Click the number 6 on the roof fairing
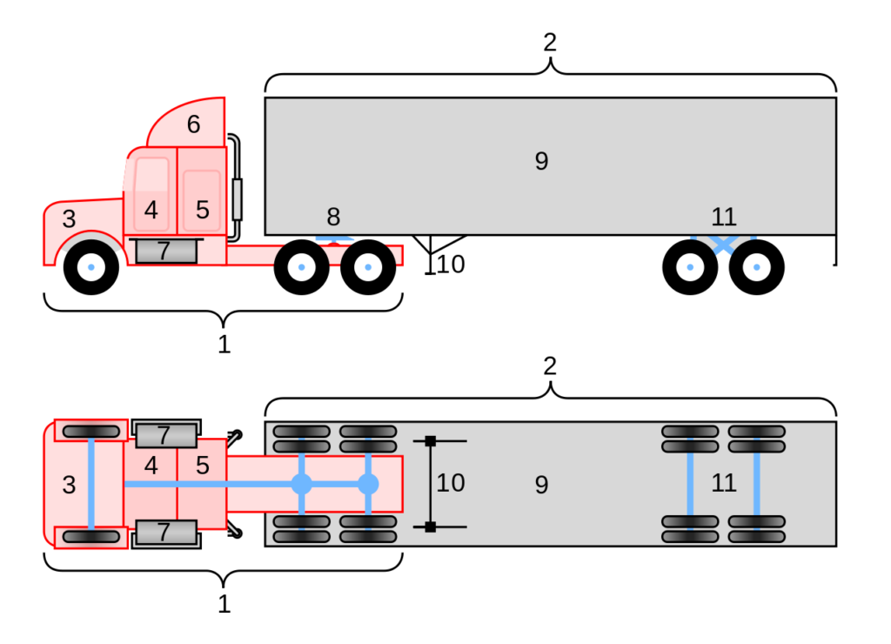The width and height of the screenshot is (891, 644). pos(193,124)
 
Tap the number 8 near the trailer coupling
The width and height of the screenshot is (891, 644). pos(333,217)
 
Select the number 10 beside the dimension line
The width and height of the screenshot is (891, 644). pos(451,483)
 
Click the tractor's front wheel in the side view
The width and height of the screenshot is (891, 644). pos(90,266)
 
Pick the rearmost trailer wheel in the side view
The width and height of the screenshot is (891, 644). pos(757,266)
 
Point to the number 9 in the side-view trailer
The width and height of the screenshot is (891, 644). pos(541,161)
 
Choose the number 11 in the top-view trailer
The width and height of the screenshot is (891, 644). pos(724,483)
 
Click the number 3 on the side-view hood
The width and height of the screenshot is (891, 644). pos(69,219)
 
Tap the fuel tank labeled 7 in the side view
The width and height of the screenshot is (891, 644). pos(165,251)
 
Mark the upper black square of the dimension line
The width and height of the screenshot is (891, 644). pos(430,441)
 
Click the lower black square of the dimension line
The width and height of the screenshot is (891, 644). pos(430,527)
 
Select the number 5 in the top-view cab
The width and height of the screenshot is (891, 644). pos(203,466)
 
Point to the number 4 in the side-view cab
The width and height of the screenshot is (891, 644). pos(151,210)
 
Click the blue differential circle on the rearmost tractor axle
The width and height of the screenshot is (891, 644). pos(368,484)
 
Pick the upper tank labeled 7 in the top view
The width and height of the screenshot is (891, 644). pos(165,434)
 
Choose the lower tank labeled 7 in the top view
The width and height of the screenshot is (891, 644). pos(165,532)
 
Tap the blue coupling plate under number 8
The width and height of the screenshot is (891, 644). pos(334,238)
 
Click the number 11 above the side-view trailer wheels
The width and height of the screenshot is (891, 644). pos(724,217)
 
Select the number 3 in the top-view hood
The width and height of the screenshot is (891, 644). pos(69,485)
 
